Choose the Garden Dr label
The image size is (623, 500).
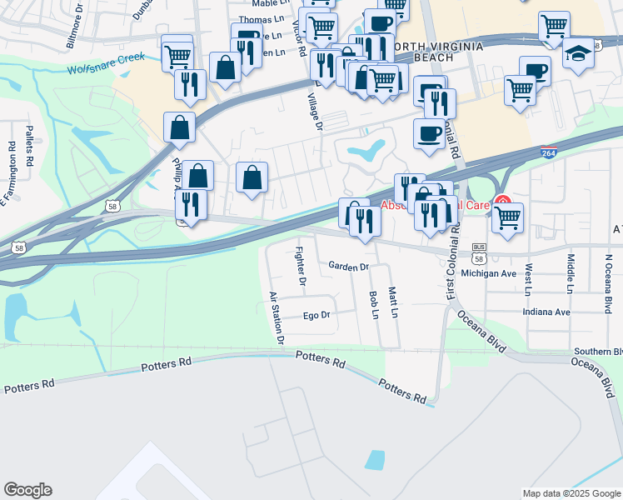pyautogui.click(x=348, y=267)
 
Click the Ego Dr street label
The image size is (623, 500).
pyautogui.click(x=316, y=315)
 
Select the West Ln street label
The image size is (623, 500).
pyautogui.click(x=528, y=279)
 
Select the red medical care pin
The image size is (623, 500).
pyautogui.click(x=503, y=202)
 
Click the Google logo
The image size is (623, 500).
pyautogui.click(x=27, y=490)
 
